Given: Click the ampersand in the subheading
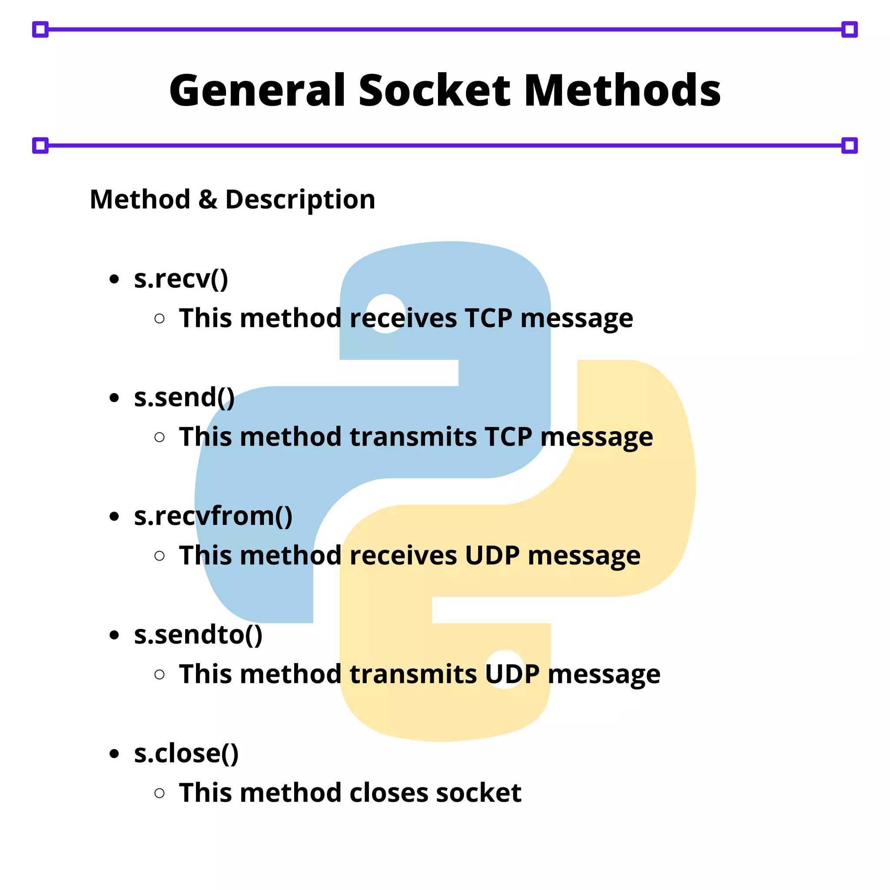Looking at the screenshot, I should tap(208, 200).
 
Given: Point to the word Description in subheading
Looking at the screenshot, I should tap(300, 200).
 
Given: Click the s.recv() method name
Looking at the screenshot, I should tap(181, 279).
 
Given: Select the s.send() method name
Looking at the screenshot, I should tap(184, 397).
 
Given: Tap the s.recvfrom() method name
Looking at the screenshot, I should tap(213, 516).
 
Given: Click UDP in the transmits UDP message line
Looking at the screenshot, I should tap(512, 674).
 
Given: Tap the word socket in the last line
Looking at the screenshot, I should tap(478, 793).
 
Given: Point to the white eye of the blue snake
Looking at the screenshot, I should tap(386, 313).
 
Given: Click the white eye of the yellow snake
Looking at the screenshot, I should tap(505, 669).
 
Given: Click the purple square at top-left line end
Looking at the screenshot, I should tap(40, 30).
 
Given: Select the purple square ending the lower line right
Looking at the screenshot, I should tap(849, 146).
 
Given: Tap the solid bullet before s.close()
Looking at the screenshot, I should tap(114, 754).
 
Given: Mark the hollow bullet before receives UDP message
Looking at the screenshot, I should tap(159, 556).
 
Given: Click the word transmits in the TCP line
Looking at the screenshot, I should tap(413, 437).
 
